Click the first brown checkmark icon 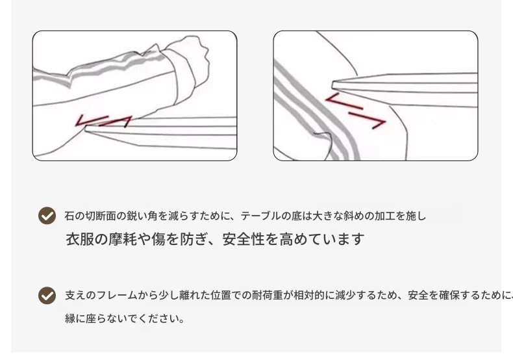47,215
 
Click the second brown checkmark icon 47,296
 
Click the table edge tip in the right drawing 333,85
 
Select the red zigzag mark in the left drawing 103,121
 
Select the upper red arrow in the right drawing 344,101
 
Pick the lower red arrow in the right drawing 368,120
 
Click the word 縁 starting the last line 70,318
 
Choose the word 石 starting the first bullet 69,216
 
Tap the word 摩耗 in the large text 123,239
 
